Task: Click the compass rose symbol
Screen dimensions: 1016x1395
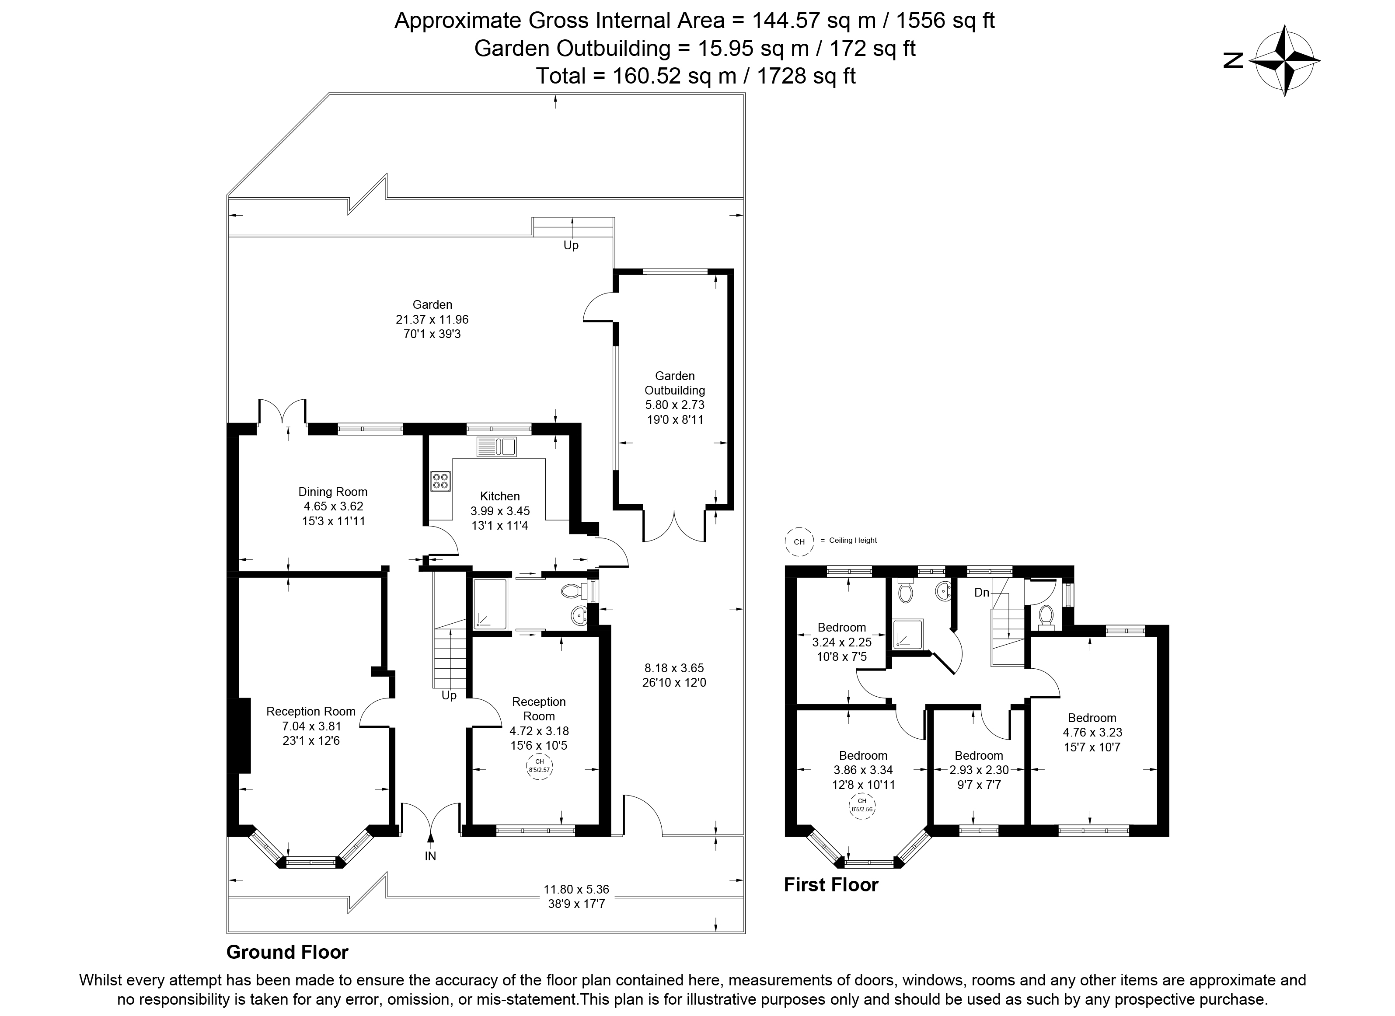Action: [1283, 61]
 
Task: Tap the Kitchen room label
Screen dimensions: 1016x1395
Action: [499, 496]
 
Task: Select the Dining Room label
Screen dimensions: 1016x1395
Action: [333, 492]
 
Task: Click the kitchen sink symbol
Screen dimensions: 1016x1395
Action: [496, 447]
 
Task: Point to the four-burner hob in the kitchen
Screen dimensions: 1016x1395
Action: [440, 480]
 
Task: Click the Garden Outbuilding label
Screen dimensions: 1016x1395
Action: [674, 383]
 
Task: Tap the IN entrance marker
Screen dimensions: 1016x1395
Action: [430, 855]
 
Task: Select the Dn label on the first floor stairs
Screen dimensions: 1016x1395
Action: [982, 592]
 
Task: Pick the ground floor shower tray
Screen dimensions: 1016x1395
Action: [490, 604]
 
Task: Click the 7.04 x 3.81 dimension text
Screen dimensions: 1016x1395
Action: [311, 726]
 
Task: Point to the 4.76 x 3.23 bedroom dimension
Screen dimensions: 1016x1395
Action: [1092, 732]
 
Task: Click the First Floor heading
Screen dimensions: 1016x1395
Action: [830, 885]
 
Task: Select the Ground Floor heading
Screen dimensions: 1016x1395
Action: [287, 952]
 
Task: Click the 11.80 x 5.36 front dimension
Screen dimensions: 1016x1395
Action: [576, 889]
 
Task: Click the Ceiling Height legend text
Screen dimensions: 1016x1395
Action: [852, 541]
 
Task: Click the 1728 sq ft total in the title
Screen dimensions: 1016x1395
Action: [806, 76]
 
